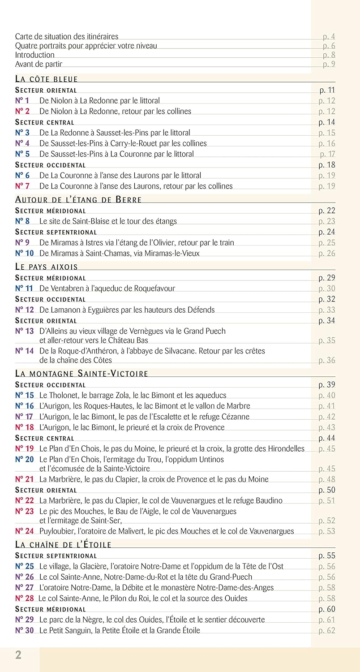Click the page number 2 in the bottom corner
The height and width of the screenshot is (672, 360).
click(x=18, y=655)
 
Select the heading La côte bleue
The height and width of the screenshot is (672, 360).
click(x=47, y=79)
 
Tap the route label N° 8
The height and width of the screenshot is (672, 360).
click(x=22, y=221)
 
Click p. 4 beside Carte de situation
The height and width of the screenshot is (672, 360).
click(x=329, y=37)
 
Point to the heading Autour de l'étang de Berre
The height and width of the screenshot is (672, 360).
click(x=78, y=200)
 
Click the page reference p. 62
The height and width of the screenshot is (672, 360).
click(x=327, y=631)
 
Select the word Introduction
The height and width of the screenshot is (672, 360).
click(x=35, y=55)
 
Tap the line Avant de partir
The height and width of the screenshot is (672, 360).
click(x=39, y=64)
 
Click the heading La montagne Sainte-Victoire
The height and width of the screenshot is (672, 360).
click(x=81, y=374)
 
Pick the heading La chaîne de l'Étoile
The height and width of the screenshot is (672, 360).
click(x=63, y=545)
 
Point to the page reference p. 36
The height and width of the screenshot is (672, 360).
click(x=327, y=360)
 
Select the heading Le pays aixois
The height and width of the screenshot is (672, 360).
click(x=47, y=267)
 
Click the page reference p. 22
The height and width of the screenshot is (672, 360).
click(x=327, y=211)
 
